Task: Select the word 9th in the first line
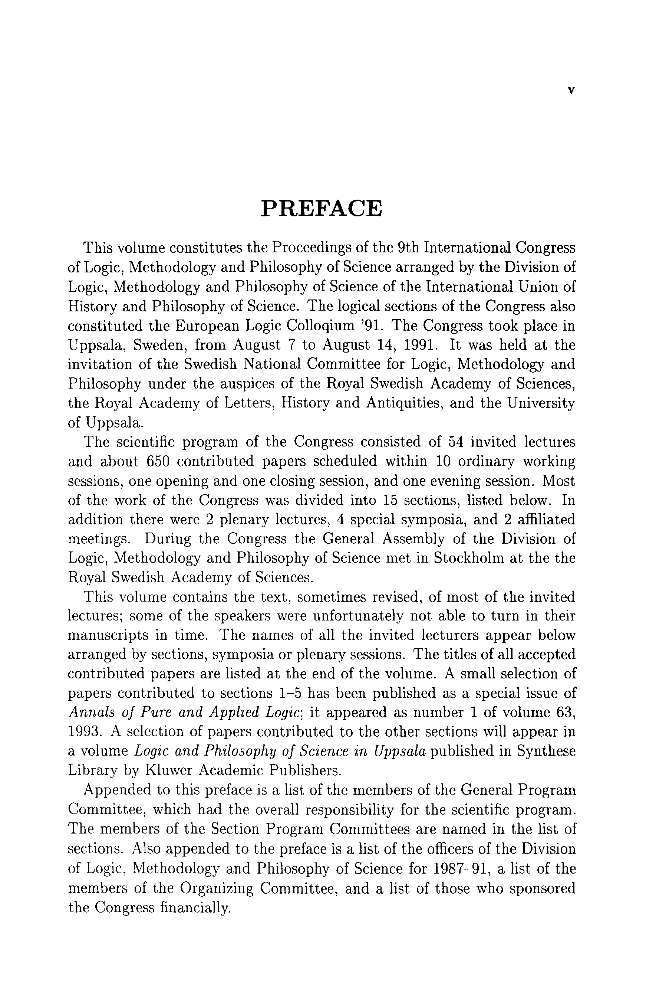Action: [x=409, y=248]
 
